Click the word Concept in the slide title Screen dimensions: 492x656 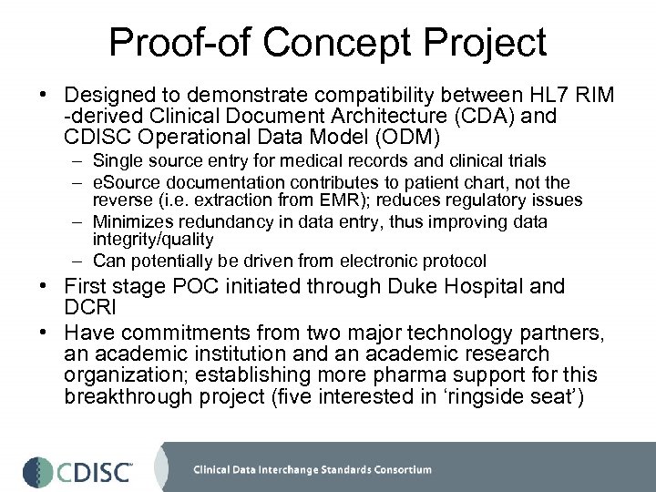click(322, 42)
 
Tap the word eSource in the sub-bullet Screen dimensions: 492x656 click(121, 183)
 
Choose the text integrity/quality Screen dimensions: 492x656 click(152, 239)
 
